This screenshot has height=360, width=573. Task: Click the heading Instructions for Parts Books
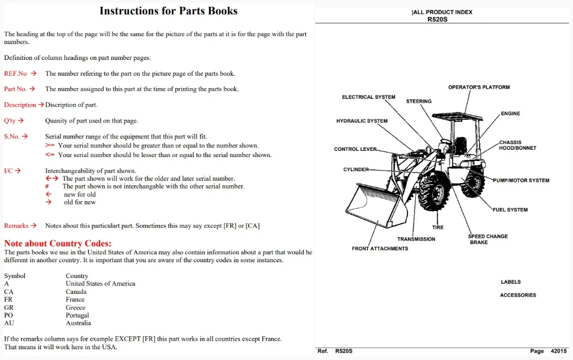coord(168,11)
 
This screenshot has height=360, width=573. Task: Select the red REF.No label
coord(15,73)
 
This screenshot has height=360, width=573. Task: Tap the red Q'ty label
coord(10,120)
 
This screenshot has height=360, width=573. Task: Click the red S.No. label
coord(12,137)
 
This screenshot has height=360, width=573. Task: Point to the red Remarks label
coord(16,226)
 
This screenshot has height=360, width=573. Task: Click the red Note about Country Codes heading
coord(58,244)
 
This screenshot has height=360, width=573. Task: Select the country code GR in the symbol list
coord(9,307)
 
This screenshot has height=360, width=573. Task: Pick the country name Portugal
coord(77,315)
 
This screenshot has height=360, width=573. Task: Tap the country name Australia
coord(78,323)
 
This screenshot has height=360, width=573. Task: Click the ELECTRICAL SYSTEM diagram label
coord(368,97)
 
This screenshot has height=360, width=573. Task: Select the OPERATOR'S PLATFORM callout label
coord(479,88)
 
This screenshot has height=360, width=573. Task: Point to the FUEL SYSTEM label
coord(510,210)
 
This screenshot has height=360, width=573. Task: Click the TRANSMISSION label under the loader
coord(416,239)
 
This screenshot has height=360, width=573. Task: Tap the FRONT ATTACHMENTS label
coord(380,249)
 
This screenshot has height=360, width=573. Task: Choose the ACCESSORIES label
coord(518,295)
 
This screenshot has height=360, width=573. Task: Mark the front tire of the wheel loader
coord(433,192)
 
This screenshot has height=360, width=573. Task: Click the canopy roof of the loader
coord(458,116)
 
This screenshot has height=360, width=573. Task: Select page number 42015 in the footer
coord(558,351)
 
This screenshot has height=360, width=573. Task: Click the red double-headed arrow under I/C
coord(51,179)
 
